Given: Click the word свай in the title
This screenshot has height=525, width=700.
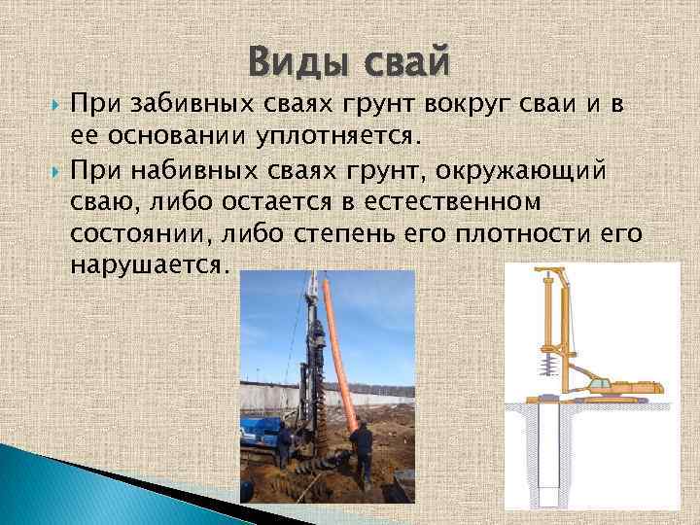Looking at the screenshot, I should [404, 62].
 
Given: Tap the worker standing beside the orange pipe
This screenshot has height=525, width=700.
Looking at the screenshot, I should [362, 452].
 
